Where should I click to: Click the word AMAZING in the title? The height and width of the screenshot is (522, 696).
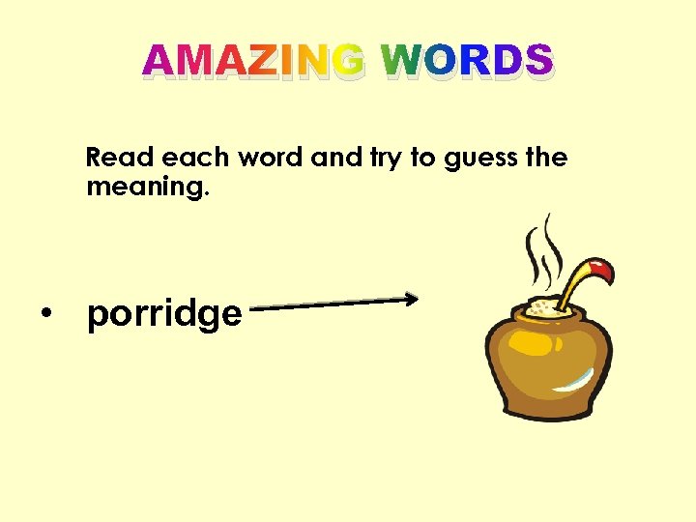point(254,62)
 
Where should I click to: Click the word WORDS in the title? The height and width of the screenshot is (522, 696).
point(467,62)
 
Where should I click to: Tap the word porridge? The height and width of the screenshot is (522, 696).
point(164,314)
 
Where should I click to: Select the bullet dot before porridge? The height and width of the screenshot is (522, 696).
point(45,312)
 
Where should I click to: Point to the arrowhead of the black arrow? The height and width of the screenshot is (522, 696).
point(412,299)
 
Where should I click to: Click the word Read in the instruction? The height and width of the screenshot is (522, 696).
point(121,157)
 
